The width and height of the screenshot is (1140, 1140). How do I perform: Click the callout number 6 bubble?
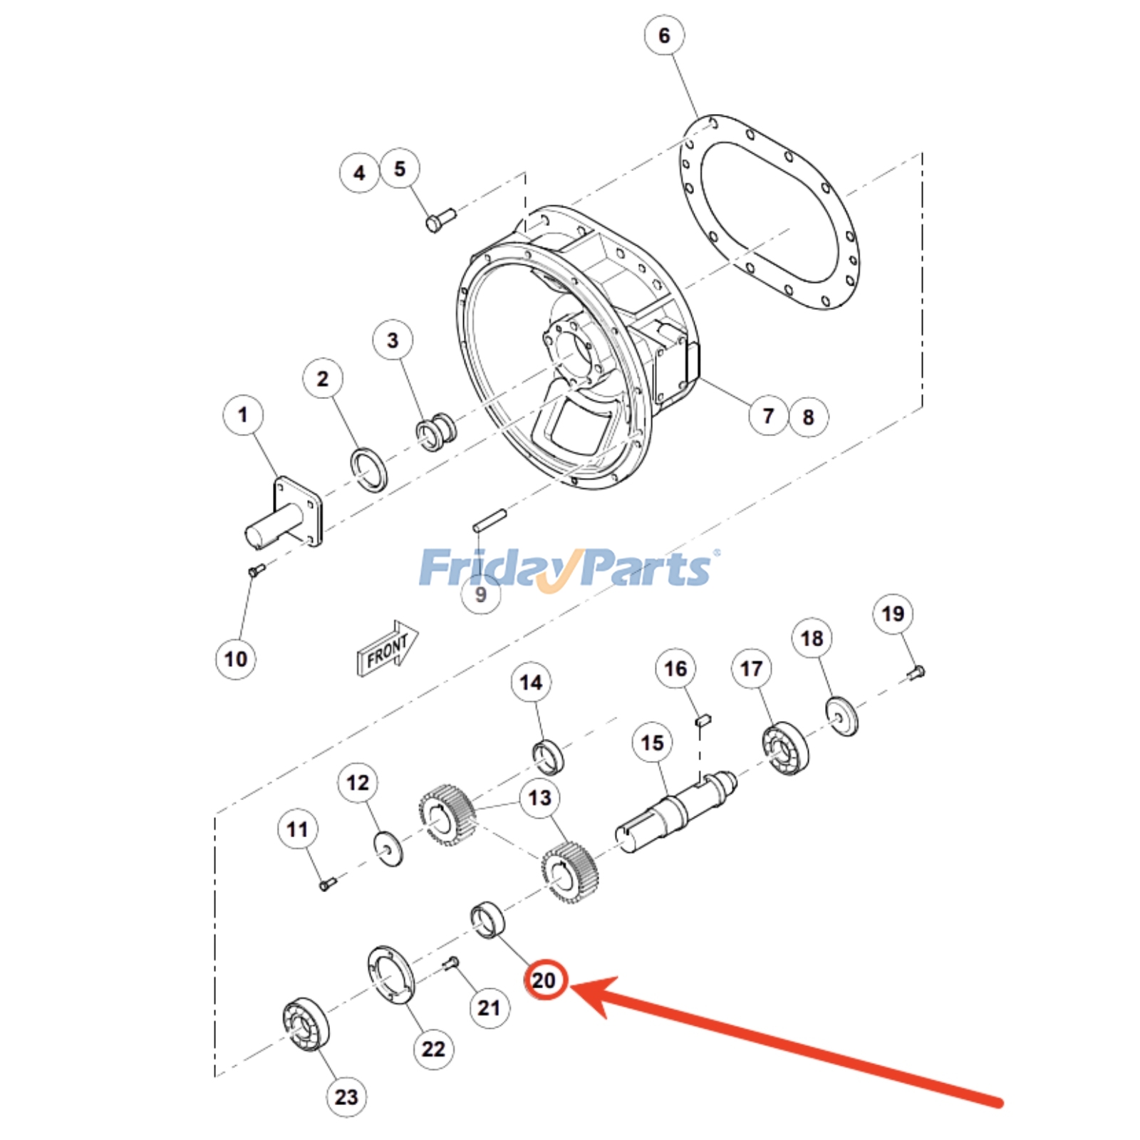click(x=664, y=35)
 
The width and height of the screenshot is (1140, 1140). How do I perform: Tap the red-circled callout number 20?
click(x=544, y=980)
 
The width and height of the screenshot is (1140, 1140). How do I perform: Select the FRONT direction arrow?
click(x=387, y=648)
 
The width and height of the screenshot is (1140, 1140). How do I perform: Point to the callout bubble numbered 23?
click(x=346, y=1097)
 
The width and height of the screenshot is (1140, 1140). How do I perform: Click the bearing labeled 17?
click(x=785, y=748)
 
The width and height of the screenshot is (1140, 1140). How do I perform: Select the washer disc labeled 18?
click(x=841, y=715)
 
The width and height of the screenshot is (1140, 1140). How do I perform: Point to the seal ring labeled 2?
click(x=370, y=470)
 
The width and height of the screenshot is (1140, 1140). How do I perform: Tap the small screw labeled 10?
click(x=256, y=570)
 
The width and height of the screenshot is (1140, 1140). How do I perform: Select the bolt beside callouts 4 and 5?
click(x=440, y=219)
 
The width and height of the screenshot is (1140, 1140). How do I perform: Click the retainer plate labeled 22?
click(x=391, y=975)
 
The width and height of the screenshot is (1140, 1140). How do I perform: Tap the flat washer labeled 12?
click(x=388, y=848)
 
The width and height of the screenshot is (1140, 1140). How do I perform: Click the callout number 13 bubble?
click(x=540, y=798)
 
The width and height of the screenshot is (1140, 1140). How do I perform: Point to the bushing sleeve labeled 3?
click(x=436, y=431)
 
